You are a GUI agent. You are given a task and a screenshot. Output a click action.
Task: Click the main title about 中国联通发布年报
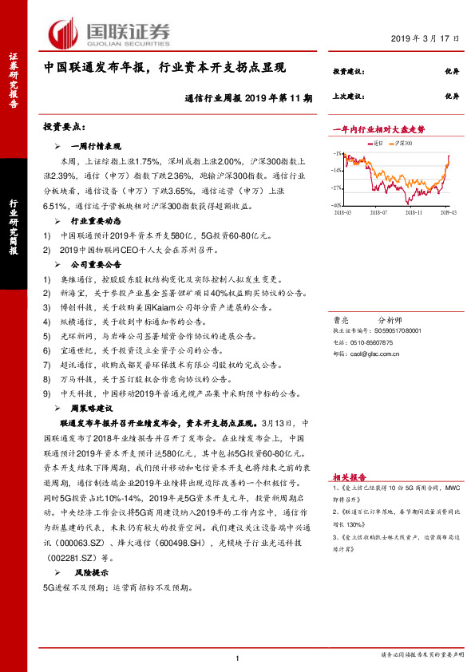point(164,69)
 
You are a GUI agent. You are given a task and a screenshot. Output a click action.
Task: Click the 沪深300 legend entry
point(403,142)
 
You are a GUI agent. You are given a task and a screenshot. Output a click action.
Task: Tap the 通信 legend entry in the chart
point(379,142)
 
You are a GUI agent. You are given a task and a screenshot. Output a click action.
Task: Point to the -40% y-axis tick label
point(338,205)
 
